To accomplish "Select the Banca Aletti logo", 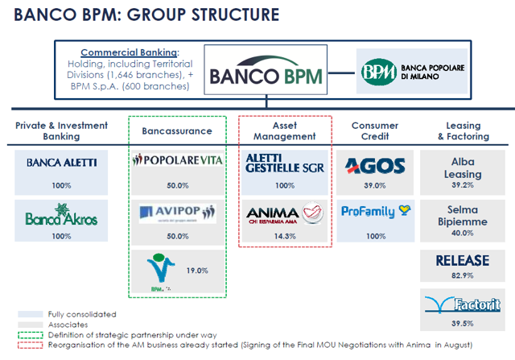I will [x=61, y=162].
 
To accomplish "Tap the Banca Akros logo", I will [x=61, y=217].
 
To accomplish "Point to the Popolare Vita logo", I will [x=173, y=160].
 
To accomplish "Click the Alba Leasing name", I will [x=463, y=166].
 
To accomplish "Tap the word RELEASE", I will [x=463, y=261].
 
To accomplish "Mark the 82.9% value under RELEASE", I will [x=463, y=276].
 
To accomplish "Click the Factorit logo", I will [x=463, y=304].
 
